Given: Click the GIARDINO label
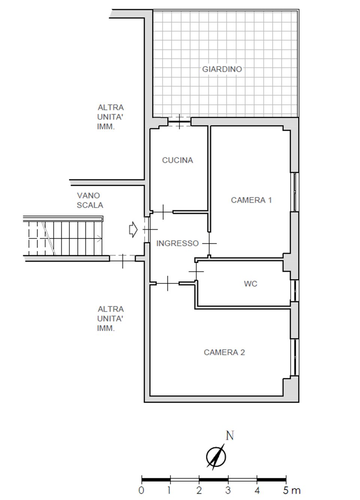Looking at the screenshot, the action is coord(222,69).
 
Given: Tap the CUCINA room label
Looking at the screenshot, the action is coord(178,160).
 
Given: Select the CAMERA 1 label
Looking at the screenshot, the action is coord(251,200).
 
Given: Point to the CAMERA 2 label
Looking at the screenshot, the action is coord(224,352).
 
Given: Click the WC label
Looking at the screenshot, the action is coord(251,284).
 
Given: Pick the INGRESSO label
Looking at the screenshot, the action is coord(178,243).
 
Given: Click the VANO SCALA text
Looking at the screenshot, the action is coord(90,200).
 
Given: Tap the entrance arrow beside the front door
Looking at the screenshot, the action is coord(133,230).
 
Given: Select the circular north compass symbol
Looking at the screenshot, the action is coord(216,457).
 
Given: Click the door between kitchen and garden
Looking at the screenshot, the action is coord(179,122).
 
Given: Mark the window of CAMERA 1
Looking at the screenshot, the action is coord(295,192).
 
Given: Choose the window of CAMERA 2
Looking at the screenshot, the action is coord(295,358).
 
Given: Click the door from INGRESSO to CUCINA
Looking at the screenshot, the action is coord(163,212).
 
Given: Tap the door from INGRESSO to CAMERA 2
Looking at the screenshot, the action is coord(167,283).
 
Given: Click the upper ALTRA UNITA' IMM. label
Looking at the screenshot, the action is coord(110,117).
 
